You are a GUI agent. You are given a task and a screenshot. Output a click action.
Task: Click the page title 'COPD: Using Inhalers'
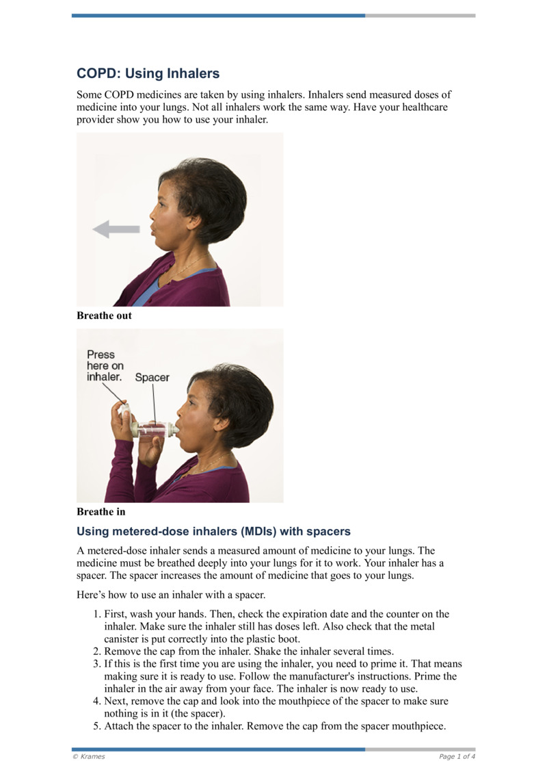pyautogui.click(x=148, y=73)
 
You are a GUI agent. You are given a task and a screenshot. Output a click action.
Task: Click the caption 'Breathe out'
pyautogui.click(x=104, y=316)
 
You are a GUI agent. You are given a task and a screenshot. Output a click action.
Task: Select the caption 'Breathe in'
pyautogui.click(x=101, y=512)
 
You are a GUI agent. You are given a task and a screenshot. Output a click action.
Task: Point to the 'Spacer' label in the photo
pyautogui.click(x=152, y=377)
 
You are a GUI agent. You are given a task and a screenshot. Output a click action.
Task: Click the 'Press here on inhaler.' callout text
pyautogui.click(x=104, y=366)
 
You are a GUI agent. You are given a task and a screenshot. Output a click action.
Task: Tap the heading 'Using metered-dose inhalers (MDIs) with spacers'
pyautogui.click(x=213, y=531)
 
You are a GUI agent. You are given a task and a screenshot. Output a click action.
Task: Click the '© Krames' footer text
pyautogui.click(x=89, y=756)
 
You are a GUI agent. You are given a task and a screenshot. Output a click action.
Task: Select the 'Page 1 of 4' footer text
pyautogui.click(x=457, y=756)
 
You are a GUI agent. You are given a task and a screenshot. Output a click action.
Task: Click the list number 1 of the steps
pyautogui.click(x=96, y=615)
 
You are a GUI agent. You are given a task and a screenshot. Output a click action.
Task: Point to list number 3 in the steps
pyautogui.click(x=96, y=664)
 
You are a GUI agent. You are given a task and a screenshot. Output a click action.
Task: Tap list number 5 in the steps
pyautogui.click(x=96, y=727)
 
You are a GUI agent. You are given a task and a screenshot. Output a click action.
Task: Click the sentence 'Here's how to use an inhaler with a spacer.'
pyautogui.click(x=171, y=594)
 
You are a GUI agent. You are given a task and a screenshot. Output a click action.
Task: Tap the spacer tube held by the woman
pyautogui.click(x=155, y=429)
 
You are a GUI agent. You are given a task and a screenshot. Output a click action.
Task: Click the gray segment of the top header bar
pyautogui.click(x=420, y=15)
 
